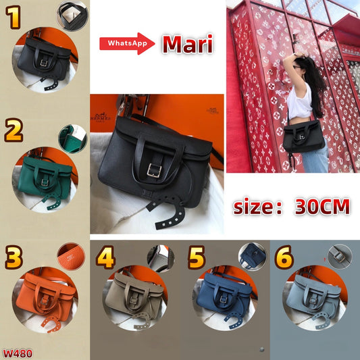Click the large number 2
point(14,130)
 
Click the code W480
point(17,353)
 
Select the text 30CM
point(322,206)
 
